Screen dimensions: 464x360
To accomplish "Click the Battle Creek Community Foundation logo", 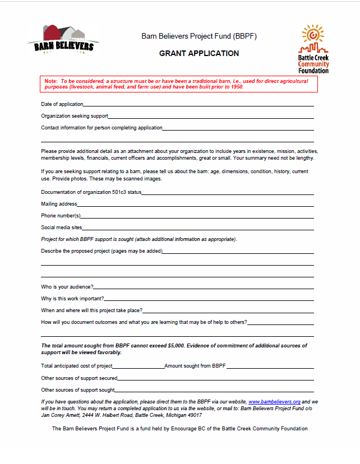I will (313, 49).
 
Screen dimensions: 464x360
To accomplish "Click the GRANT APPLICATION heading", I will (199, 54).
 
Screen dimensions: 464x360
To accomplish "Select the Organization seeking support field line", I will (211, 117).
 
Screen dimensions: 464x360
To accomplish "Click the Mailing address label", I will (59, 204).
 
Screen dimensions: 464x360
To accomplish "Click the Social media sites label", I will (62, 228).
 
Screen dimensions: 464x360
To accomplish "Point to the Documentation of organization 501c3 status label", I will (91, 192).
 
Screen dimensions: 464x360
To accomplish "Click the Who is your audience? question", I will (67, 287).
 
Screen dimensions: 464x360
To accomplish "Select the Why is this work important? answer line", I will (209, 299).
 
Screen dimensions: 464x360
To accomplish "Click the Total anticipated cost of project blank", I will (138, 367).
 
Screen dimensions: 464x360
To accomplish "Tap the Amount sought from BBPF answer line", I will (270, 367).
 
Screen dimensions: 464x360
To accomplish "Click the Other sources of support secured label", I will (79, 378).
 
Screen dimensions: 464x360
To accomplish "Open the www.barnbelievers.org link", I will (274, 402).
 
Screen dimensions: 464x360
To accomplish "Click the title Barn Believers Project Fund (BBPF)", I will (199, 36).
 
